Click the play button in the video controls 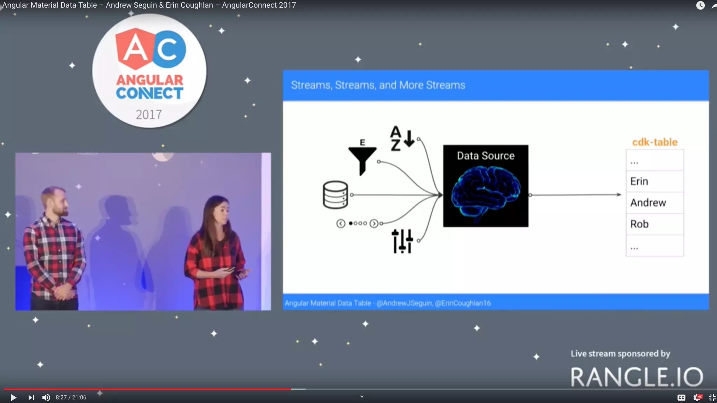tap(13, 397)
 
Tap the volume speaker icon tap(46, 397)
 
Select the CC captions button tap(681, 397)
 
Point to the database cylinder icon tap(335, 195)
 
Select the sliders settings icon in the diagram tap(402, 241)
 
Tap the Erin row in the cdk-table tap(654, 181)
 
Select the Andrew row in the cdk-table tap(654, 203)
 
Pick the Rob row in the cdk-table tap(654, 224)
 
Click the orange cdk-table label tap(655, 142)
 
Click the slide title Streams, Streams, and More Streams tap(378, 85)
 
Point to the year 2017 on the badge tap(149, 114)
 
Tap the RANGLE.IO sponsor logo tap(636, 377)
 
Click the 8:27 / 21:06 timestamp tap(71, 397)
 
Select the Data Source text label tap(486, 156)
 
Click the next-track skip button tap(31, 397)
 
